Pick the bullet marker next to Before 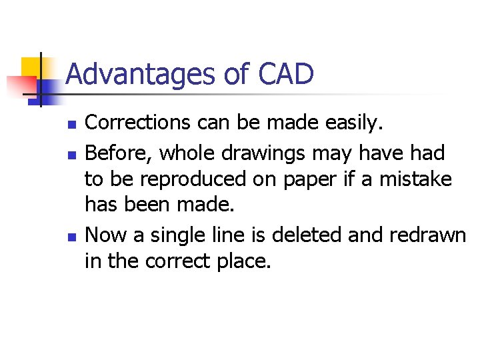click(73, 155)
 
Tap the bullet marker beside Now click(73, 237)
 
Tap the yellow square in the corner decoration click(31, 67)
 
